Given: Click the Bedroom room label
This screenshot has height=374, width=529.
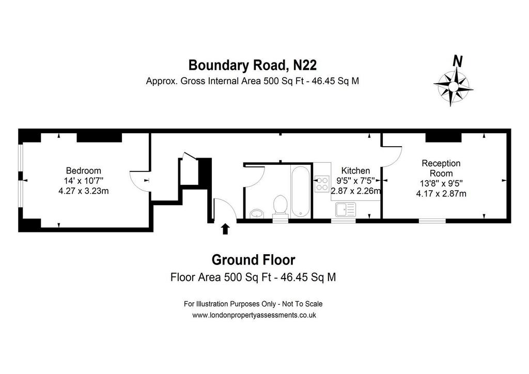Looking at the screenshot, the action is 83,170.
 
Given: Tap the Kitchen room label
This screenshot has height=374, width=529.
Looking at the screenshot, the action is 355,170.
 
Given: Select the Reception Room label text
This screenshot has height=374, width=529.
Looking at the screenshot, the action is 441,168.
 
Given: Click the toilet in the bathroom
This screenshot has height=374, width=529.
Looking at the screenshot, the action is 280,206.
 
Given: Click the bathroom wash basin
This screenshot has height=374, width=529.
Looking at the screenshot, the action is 257,213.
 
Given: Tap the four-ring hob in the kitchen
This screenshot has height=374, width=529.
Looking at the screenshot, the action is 322,184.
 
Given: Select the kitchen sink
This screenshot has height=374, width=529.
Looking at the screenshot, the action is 346,209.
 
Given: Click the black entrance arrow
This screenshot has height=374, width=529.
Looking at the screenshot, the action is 225,229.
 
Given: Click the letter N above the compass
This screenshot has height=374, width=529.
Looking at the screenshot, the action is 458,61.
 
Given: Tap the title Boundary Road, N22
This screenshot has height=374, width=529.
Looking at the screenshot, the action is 252,65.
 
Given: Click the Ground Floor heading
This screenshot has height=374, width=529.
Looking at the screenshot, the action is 253,260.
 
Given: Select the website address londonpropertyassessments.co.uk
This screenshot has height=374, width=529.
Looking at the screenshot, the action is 254,315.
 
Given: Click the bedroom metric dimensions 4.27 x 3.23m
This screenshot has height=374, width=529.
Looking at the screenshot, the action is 84,191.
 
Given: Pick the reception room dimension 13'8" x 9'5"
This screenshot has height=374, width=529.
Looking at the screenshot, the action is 441,183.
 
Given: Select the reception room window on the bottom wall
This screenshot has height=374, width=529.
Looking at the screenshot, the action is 432,221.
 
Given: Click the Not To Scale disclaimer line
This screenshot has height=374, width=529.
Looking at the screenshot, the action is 253,304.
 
